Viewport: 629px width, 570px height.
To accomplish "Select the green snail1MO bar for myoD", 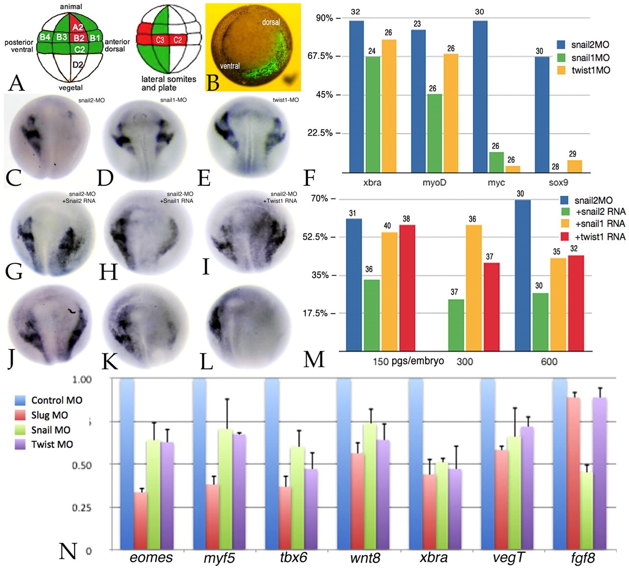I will tap(432, 133).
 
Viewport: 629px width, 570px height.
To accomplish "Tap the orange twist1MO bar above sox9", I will tap(574, 166).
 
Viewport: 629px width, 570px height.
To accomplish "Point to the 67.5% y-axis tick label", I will tap(320, 56).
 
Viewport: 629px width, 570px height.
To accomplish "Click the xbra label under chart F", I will tap(372, 182).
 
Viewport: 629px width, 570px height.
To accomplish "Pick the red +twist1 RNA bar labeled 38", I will tap(407, 288).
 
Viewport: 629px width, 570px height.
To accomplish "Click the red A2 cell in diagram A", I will tap(77, 28).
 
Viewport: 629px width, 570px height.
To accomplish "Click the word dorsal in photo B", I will tap(271, 22).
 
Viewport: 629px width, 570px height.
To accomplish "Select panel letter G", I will tap(13, 271).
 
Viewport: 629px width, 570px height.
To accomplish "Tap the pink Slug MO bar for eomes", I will tap(141, 520).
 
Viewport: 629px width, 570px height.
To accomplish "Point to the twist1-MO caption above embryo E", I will tap(285, 100).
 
